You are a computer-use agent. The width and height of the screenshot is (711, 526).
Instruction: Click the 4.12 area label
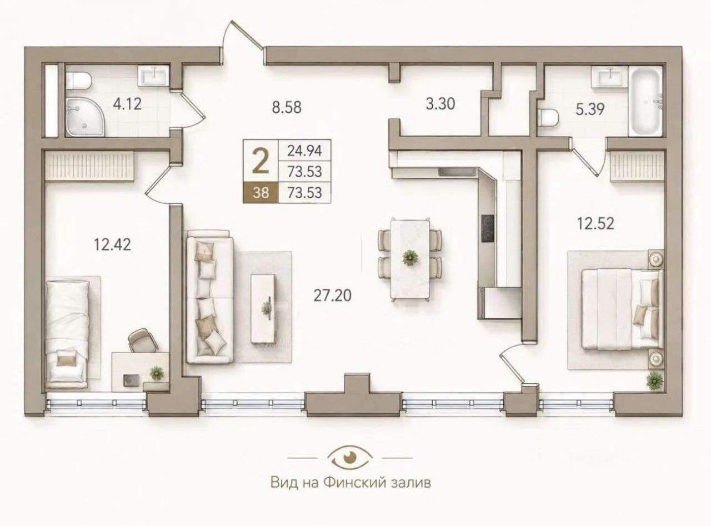tap(128, 104)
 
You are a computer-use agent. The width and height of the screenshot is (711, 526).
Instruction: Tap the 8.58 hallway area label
tap(287, 107)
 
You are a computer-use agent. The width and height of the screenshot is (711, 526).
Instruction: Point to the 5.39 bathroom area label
tap(590, 109)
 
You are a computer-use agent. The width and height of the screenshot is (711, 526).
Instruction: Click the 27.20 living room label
tap(332, 295)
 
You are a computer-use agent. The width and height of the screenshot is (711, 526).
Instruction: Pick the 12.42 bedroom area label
tap(112, 245)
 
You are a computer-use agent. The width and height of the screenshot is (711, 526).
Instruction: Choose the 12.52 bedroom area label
tap(595, 223)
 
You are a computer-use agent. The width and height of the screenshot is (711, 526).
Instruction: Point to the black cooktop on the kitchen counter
tap(488, 228)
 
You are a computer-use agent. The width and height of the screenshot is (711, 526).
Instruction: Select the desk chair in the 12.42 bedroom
tap(142, 340)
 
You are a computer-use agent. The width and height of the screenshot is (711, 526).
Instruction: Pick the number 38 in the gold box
tap(261, 193)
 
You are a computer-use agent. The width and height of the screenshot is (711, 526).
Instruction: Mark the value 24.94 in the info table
tap(304, 151)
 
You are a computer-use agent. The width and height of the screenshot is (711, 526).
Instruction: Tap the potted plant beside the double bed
tap(654, 381)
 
